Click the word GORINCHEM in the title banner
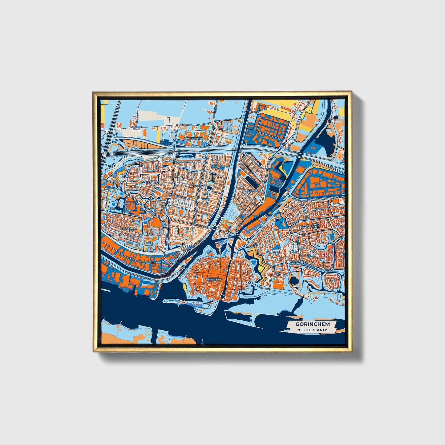tap(312, 324)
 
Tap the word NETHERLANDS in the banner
tap(312, 330)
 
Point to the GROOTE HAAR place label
tap(136, 128)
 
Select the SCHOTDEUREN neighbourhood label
tap(193, 139)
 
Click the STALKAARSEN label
tap(151, 182)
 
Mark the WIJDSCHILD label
tap(274, 252)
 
